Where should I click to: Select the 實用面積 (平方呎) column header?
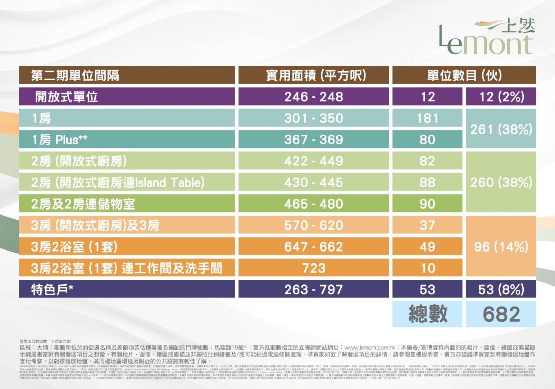tap(314, 75)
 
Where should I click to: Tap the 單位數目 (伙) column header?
tap(464, 75)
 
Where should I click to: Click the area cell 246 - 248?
tap(314, 97)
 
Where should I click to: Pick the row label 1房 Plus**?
tap(60, 140)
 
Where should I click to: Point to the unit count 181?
tap(427, 118)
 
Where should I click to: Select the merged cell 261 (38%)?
tap(501, 129)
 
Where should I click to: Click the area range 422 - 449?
tap(314, 161)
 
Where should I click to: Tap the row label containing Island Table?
tap(118, 183)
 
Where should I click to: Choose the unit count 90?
tap(427, 204)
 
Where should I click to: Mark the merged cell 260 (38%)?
tap(501, 183)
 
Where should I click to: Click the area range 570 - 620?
tap(314, 225)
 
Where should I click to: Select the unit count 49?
tap(427, 247)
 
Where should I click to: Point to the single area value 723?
tap(314, 268)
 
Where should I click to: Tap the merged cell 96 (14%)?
tap(501, 247)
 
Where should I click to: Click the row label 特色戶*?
tap(53, 290)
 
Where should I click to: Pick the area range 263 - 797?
tap(314, 290)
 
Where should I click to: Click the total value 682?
tap(501, 314)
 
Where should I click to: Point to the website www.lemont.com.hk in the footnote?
tap(370, 348)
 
